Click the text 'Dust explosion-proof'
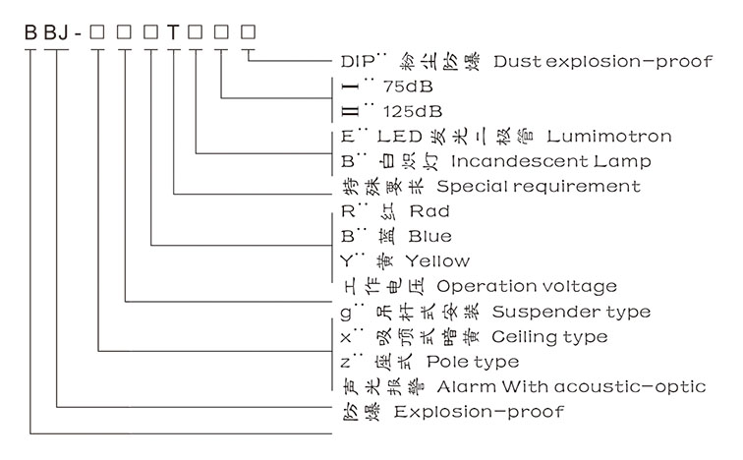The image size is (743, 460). (x=602, y=61)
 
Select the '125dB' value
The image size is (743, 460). (x=407, y=109)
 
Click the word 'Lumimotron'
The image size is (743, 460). (x=609, y=136)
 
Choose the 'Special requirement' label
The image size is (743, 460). (x=539, y=186)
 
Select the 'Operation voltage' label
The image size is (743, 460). (x=527, y=287)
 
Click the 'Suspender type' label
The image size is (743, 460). (x=570, y=312)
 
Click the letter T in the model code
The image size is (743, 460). (x=173, y=30)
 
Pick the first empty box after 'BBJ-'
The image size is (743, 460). (x=96, y=30)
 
